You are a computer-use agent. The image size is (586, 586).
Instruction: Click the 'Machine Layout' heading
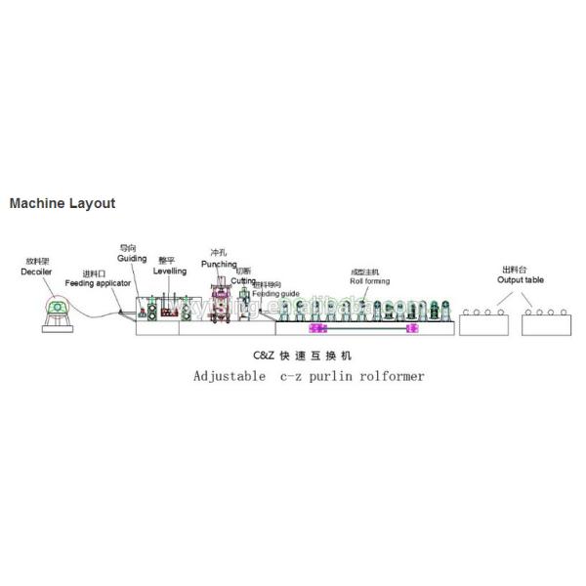(x=63, y=204)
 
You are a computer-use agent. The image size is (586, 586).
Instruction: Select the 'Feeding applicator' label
(x=99, y=282)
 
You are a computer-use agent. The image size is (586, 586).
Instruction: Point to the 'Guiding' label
(x=133, y=259)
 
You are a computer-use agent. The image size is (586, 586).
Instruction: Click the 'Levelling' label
(x=170, y=272)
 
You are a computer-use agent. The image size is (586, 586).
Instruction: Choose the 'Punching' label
(x=219, y=264)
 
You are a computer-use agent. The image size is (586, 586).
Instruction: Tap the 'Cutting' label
(x=243, y=280)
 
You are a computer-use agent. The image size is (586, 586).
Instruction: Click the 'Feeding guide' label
(x=275, y=293)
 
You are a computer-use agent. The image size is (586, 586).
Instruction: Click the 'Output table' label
(x=520, y=280)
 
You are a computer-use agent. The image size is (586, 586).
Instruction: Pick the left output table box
(x=485, y=324)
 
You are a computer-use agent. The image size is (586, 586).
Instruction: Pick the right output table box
(x=546, y=324)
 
